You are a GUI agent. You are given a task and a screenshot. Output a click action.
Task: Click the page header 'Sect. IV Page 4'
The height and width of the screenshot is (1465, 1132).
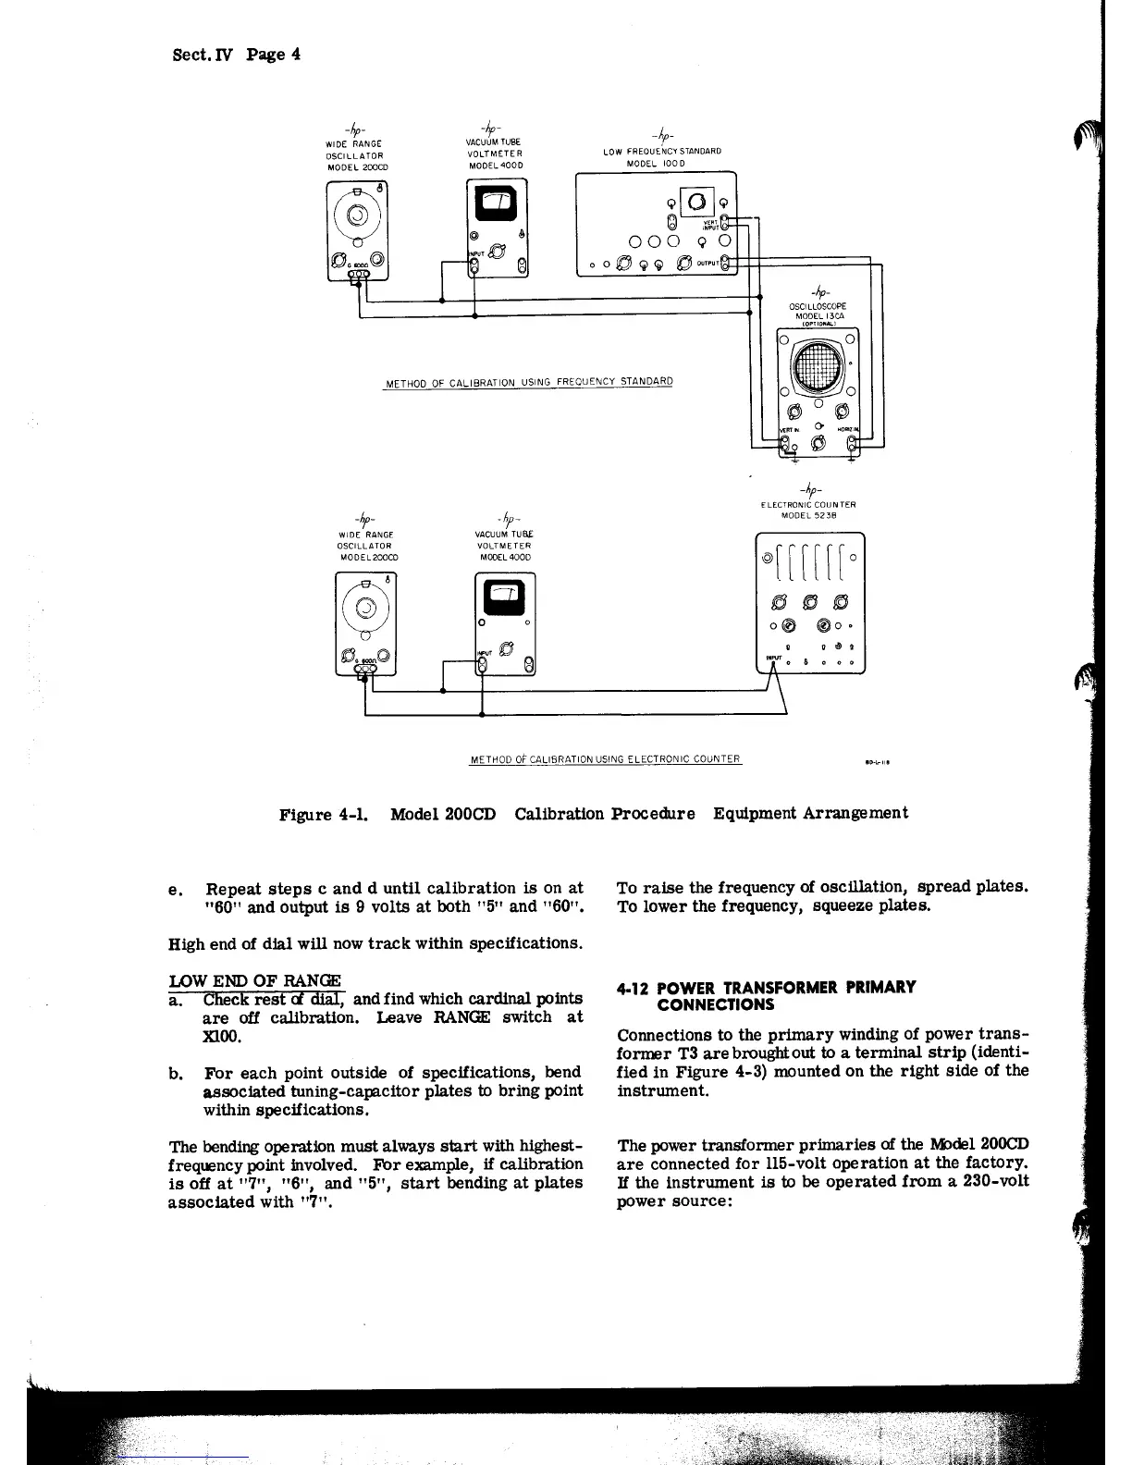(x=237, y=54)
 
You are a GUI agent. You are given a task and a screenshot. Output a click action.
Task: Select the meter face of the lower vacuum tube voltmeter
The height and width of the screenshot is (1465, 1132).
(x=505, y=597)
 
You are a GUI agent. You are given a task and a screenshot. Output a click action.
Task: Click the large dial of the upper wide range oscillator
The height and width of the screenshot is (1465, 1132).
(x=356, y=217)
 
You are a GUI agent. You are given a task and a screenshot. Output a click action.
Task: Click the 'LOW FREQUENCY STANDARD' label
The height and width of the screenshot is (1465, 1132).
(x=661, y=151)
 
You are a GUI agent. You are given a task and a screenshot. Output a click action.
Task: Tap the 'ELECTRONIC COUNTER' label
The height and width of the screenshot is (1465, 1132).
(x=808, y=505)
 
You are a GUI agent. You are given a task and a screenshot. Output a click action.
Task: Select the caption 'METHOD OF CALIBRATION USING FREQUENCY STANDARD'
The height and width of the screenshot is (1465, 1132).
(x=528, y=382)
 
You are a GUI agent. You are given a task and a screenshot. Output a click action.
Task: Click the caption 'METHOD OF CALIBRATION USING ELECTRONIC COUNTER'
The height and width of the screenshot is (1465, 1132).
(x=605, y=759)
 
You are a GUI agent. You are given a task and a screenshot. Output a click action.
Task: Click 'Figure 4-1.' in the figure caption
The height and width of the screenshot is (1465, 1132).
(x=324, y=814)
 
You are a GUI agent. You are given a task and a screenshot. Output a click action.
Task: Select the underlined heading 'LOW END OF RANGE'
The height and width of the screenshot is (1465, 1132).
(x=254, y=980)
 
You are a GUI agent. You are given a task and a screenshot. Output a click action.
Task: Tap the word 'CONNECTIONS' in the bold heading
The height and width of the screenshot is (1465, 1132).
(x=715, y=1004)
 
